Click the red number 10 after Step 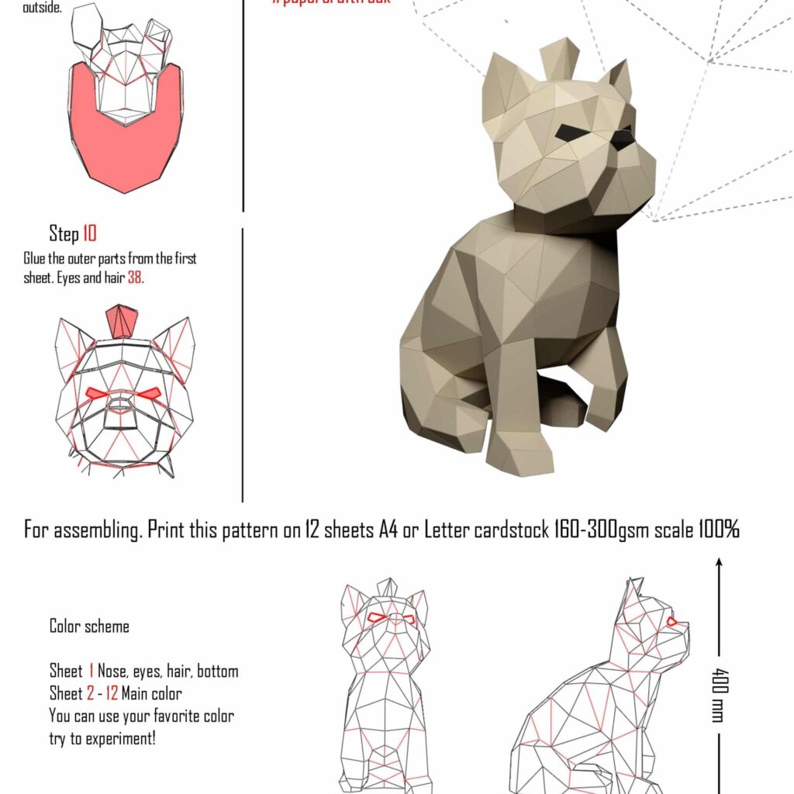(x=89, y=233)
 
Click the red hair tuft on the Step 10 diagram (x=121, y=321)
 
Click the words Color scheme (x=89, y=626)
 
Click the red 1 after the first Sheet (x=91, y=671)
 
